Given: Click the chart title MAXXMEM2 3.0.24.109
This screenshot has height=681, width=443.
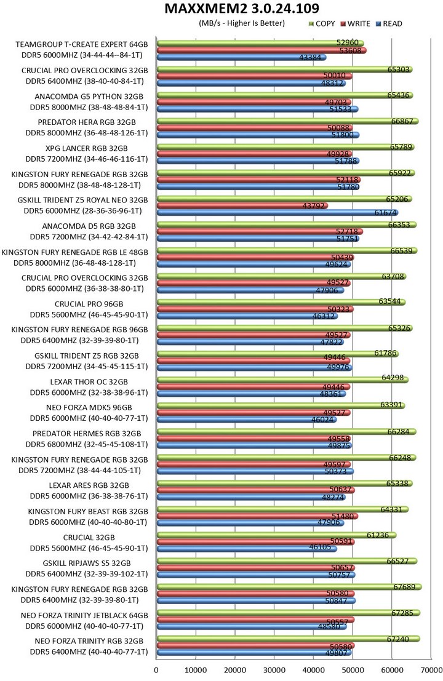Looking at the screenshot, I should pos(242,9).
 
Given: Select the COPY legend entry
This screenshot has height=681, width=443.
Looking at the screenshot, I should pos(325,24).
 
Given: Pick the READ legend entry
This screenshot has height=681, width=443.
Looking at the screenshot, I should pos(392,24).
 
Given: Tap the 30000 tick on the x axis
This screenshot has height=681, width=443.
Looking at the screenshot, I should pos(274,668).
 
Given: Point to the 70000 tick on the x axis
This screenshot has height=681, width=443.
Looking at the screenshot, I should pos(430,668).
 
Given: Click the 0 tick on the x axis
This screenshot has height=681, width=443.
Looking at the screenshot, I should pos(156,668).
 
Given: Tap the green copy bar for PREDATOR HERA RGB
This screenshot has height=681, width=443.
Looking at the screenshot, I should pos(287,121).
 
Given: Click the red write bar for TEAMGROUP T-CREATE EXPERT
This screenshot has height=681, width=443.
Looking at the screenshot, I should pos(261,50).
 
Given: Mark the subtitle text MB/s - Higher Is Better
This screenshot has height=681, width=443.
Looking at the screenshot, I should pos(241,24).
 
